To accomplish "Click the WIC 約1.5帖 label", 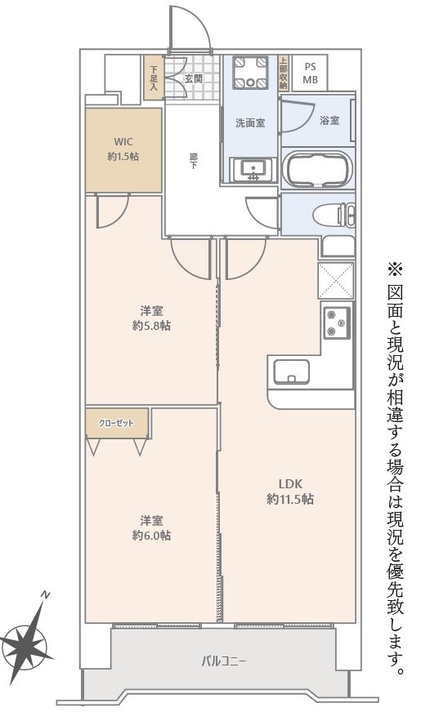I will coord(123,148).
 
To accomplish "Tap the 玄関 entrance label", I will coord(193,78).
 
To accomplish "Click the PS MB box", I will coord(311,73).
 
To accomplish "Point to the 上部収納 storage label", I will coord(283,73).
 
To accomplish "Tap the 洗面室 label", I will coord(250,123).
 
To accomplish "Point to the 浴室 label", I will coord(329,121).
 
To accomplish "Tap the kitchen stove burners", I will coord(336,323).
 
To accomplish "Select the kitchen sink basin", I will coord(290,372).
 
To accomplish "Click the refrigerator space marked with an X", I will coord(336,280).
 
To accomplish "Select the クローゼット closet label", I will coord(118,423).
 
